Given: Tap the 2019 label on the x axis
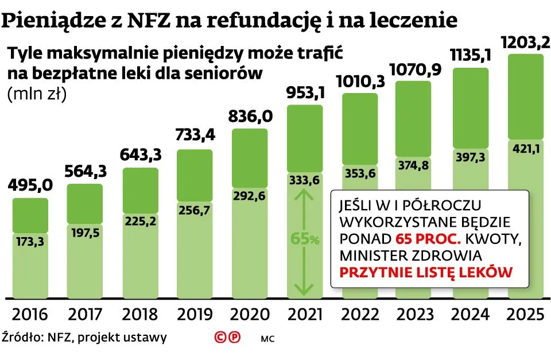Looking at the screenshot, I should coord(195,315).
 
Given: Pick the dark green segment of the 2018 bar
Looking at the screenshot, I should coord(140,189).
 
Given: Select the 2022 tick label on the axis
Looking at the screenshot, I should coord(360,315).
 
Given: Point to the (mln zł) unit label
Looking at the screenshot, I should coord(37,94).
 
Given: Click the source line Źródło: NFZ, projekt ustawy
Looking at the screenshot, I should coord(84,337).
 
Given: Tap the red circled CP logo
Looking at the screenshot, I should coord(227,338).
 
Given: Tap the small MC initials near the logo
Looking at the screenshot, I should coord(267,339).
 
